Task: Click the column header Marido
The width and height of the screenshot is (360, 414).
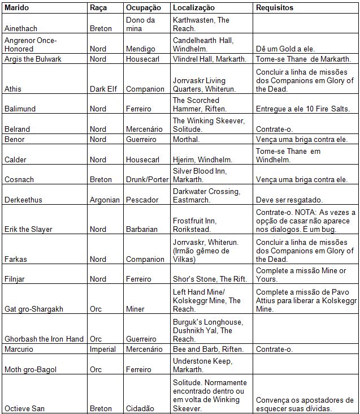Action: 16,8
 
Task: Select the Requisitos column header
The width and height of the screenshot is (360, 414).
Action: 275,8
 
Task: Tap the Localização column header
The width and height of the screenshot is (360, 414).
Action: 194,8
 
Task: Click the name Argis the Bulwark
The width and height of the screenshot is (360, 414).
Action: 32,59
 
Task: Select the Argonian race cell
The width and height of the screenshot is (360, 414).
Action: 105,200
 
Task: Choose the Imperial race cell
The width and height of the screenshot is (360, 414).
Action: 103,349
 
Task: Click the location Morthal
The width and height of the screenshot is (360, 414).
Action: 186,139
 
